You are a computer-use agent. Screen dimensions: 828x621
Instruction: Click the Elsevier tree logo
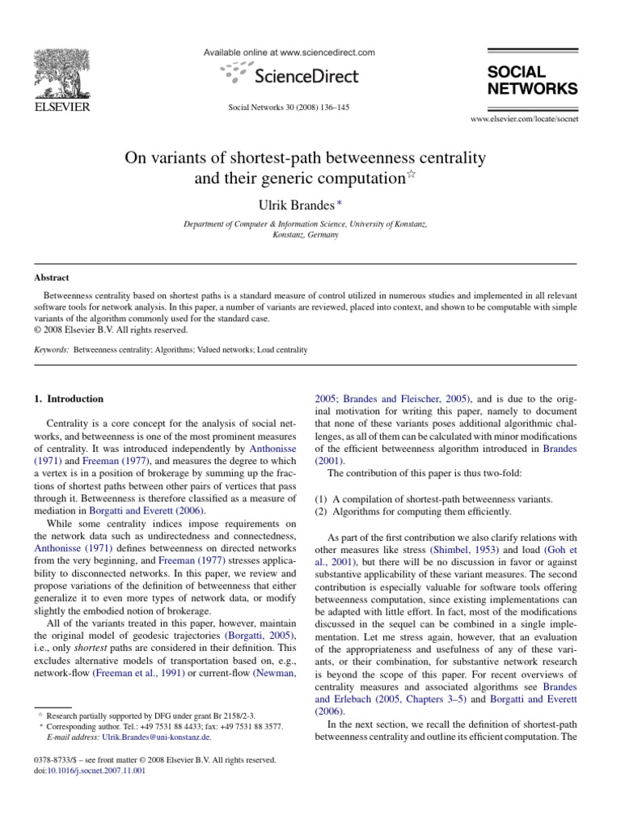(x=61, y=73)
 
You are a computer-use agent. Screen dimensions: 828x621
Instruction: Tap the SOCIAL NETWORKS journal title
(x=532, y=80)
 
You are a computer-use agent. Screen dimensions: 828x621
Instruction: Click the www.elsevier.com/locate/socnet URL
(x=524, y=119)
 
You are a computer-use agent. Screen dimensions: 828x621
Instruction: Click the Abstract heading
(x=51, y=277)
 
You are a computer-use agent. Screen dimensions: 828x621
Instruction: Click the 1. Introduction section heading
(x=69, y=399)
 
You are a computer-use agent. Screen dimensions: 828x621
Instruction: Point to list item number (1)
(x=321, y=499)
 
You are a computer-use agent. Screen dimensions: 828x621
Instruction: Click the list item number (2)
(x=321, y=511)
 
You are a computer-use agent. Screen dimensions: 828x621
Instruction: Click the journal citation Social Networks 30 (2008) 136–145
(x=288, y=107)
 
